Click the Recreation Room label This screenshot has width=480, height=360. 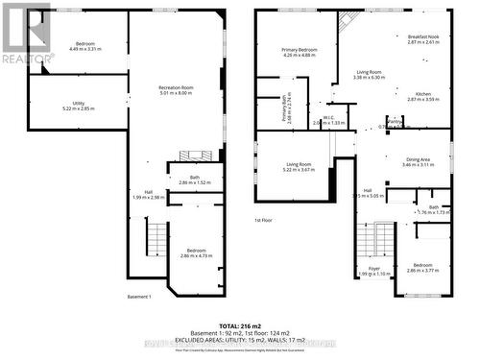click(176, 88)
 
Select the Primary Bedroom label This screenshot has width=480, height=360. click(300, 50)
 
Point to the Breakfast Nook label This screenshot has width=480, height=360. click(422, 36)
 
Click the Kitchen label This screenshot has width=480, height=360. click(422, 94)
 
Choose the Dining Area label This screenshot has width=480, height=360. click(417, 159)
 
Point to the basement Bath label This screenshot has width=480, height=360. click(195, 177)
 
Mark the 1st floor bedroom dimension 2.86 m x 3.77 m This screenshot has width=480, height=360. click(422, 271)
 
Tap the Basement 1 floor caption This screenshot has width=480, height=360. click(140, 297)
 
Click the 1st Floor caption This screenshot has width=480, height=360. click(265, 221)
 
